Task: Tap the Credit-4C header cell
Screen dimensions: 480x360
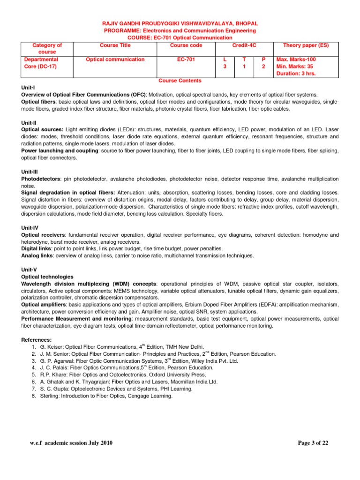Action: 245,45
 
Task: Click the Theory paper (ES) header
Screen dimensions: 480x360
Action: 306,45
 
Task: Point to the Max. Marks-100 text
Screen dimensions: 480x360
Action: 296,60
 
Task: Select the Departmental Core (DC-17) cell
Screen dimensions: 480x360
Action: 41,63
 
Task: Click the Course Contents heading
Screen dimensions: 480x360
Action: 180,81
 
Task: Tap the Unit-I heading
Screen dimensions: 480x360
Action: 28,88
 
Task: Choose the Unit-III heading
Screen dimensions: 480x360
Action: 30,172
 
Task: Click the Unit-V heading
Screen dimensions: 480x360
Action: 30,270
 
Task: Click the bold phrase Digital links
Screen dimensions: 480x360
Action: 37,249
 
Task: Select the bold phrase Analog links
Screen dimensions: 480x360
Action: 37,256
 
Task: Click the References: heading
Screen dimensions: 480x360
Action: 37,340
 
